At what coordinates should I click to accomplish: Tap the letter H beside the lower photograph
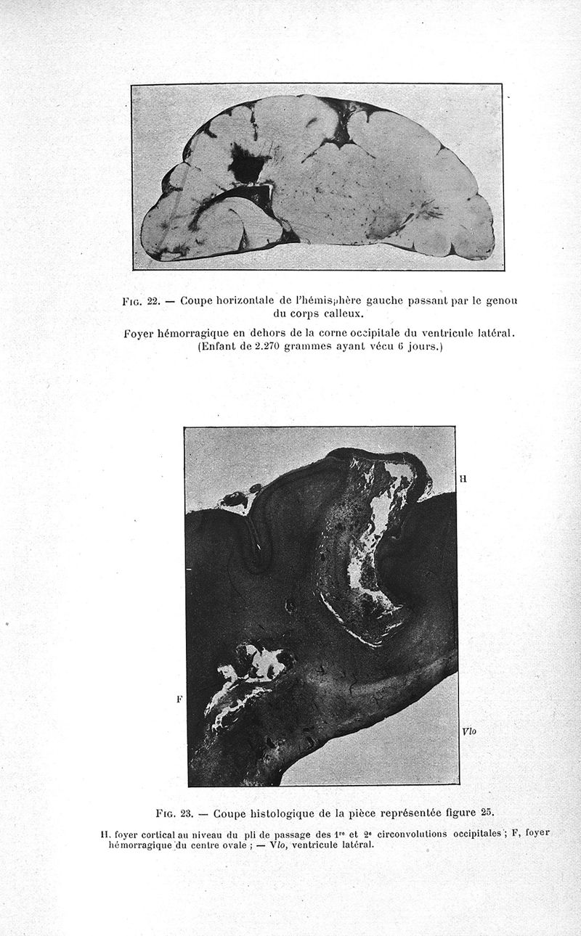click(463, 478)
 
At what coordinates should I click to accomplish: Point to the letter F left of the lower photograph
click(179, 699)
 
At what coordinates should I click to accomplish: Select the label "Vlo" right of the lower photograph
click(468, 732)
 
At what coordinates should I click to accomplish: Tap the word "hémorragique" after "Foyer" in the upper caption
click(200, 333)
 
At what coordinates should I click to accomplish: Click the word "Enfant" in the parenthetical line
click(218, 347)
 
